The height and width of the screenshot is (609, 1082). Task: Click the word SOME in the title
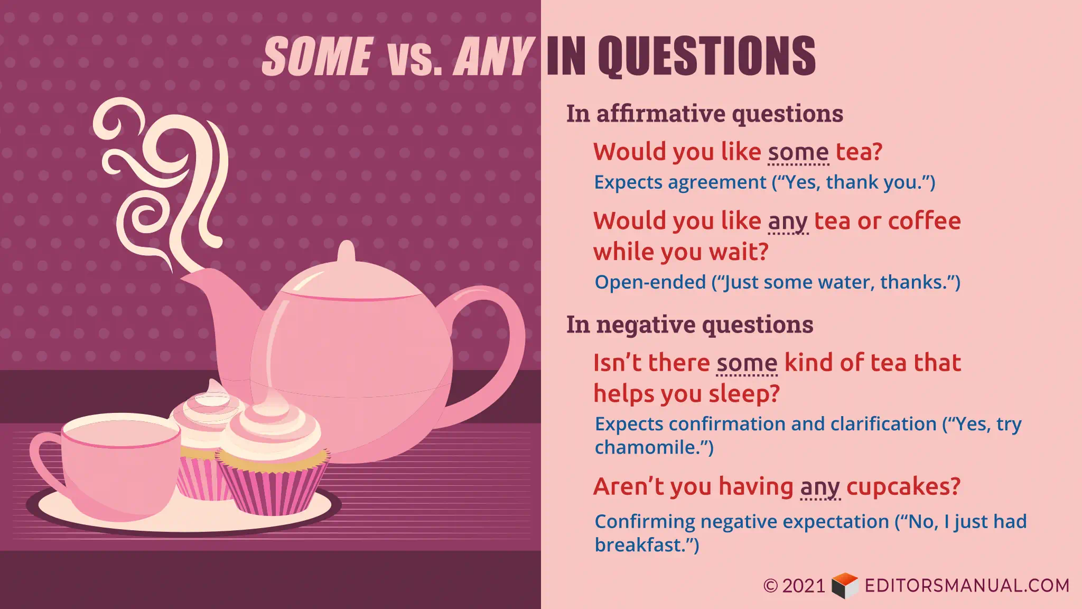318,56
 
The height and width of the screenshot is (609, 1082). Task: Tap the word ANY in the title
493,56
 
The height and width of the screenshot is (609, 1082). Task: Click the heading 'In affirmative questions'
705,114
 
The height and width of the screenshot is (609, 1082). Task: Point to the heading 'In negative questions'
690,325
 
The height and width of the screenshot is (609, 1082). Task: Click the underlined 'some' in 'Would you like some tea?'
798,152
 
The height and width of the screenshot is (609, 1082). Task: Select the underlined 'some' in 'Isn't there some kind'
747,363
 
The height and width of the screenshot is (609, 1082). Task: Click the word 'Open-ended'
650,282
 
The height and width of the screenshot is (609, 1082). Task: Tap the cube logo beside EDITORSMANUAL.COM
845,586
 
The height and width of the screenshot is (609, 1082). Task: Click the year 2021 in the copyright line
804,586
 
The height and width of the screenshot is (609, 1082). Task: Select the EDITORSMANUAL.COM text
967,586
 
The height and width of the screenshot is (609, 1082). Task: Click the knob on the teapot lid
346,252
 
